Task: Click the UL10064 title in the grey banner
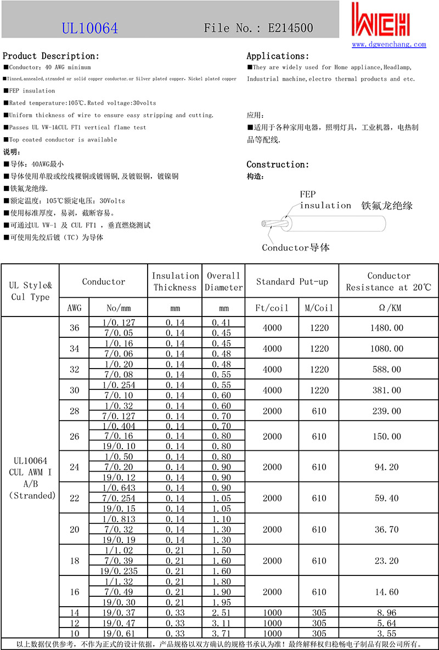pos(89,28)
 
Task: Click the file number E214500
pos(258,28)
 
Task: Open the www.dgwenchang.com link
pos(389,44)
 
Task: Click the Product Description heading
pos(51,56)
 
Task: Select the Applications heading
pos(278,56)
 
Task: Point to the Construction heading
pos(278,165)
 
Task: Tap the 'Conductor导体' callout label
pos(296,247)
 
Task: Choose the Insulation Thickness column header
pos(175,281)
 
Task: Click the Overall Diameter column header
pos(223,281)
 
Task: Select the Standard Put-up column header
pos(292,281)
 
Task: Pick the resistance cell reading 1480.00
pos(389,328)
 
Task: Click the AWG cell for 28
pos(75,411)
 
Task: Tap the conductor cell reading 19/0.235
pos(120,571)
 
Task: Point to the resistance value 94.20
pos(389,467)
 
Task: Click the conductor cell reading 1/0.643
pos(120,488)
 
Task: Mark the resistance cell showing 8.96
pos(389,613)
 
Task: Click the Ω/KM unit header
pos(389,308)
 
